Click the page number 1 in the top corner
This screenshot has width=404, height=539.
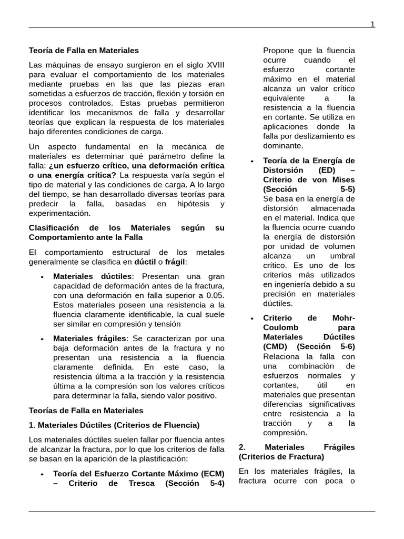[x=372, y=24]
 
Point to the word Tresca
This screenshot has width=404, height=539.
[x=139, y=483]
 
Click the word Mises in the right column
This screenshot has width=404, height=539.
[x=344, y=179]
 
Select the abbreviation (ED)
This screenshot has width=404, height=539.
[x=329, y=170]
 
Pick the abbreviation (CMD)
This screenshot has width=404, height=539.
[x=277, y=346]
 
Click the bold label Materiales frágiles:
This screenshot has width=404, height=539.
[x=90, y=338]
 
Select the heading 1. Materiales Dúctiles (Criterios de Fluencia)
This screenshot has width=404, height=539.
[x=114, y=425]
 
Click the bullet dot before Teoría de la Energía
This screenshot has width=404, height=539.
[x=253, y=161]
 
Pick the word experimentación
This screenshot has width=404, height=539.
[x=60, y=213]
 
